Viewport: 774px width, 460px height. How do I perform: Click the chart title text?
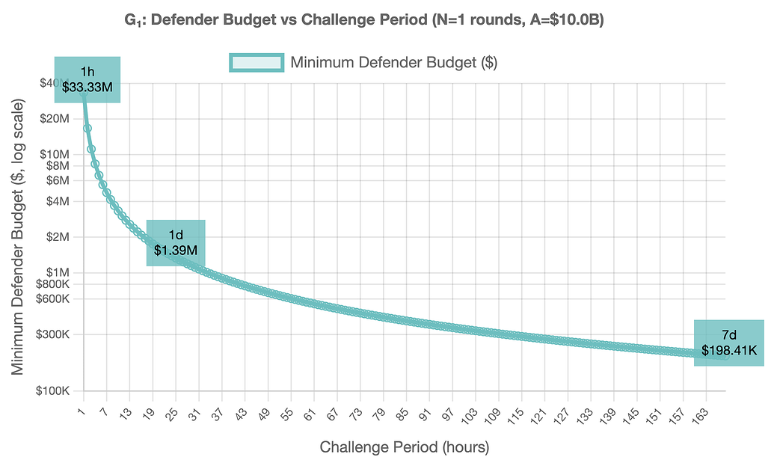pos(364,20)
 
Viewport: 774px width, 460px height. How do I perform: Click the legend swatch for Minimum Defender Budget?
pos(256,63)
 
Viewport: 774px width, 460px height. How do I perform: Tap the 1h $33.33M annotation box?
pos(87,79)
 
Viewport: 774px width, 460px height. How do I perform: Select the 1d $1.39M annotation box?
pos(176,243)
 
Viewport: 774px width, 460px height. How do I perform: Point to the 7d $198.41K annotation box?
pos(729,343)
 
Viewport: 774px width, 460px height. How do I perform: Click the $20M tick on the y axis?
pos(55,118)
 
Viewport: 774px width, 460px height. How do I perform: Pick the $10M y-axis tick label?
pos(55,154)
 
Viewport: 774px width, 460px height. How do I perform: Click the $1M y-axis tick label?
pos(57,272)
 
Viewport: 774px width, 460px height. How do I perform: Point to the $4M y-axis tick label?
pos(57,201)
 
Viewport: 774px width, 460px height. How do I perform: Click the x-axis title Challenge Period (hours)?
pos(405,447)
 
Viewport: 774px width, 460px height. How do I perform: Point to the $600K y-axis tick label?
pos(52,298)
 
